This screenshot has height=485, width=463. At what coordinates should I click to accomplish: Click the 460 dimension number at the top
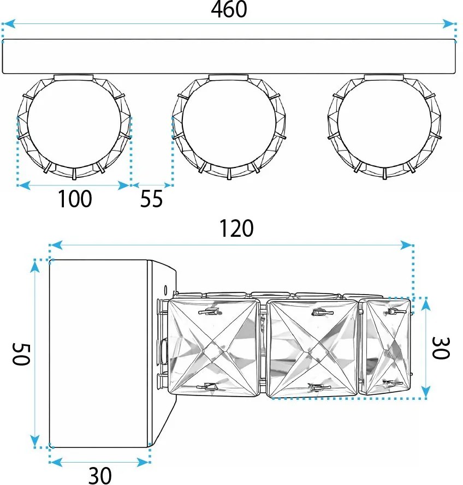pyautogui.click(x=229, y=9)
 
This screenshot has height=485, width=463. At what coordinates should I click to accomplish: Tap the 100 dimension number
pyautogui.click(x=75, y=199)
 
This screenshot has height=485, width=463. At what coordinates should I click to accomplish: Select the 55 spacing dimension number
pyautogui.click(x=151, y=199)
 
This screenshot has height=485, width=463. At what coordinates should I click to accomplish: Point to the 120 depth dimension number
pyautogui.click(x=237, y=229)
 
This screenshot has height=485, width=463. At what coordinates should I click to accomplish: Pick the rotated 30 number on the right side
pyautogui.click(x=440, y=348)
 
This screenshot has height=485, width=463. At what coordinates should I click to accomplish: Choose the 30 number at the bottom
pyautogui.click(x=99, y=475)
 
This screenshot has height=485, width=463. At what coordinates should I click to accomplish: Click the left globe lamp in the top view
pyautogui.click(x=74, y=126)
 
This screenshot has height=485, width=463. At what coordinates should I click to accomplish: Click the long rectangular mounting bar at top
pyautogui.click(x=229, y=56)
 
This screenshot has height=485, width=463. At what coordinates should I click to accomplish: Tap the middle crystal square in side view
pyautogui.click(x=314, y=348)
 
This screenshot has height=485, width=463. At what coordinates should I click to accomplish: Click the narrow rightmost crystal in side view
pyautogui.click(x=388, y=346)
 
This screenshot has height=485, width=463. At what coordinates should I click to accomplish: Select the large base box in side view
pyautogui.click(x=99, y=354)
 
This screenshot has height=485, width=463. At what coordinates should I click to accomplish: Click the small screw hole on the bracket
pyautogui.click(x=166, y=288)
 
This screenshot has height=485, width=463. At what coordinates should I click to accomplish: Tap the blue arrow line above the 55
pyautogui.click(x=152, y=185)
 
